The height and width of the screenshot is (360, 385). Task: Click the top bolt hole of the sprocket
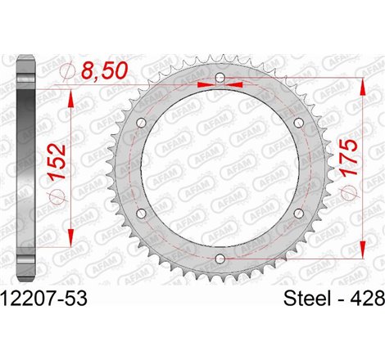click(x=219, y=79)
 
